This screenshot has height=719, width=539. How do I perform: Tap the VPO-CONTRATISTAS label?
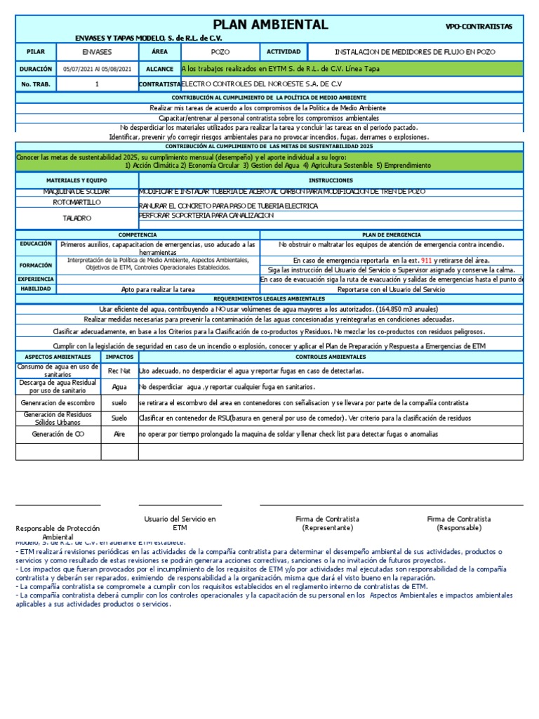click(x=479, y=27)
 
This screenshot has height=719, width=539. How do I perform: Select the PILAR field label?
click(x=35, y=52)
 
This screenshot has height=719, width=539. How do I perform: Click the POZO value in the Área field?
click(x=220, y=52)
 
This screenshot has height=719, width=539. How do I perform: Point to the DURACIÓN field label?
click(x=35, y=70)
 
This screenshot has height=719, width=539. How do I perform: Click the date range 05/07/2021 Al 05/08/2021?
click(x=97, y=70)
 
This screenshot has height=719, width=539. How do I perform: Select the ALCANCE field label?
click(x=159, y=70)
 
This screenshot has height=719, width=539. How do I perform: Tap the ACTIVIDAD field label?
click(x=284, y=52)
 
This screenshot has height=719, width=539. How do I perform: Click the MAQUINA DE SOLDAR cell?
click(x=76, y=192)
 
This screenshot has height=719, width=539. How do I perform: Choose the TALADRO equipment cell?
click(x=76, y=218)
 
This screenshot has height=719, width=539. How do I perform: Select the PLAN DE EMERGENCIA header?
click(x=391, y=234)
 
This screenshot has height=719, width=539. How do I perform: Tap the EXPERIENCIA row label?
click(x=35, y=279)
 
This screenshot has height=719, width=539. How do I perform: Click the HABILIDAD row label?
click(x=35, y=289)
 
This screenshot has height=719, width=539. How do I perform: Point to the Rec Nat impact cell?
click(x=119, y=370)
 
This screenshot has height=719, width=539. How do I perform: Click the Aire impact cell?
click(x=119, y=435)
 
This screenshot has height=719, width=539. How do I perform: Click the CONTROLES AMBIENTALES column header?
click(x=330, y=357)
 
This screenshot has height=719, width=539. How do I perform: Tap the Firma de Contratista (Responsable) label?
click(x=458, y=523)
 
